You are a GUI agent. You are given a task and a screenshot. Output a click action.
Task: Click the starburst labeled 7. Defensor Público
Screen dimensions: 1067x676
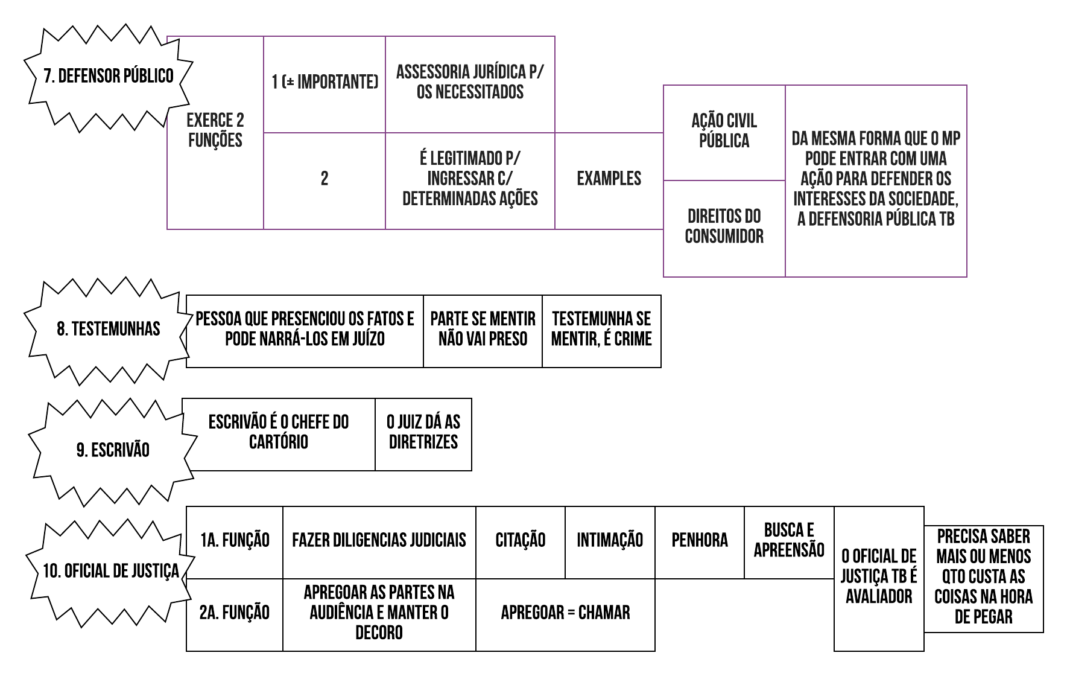pyautogui.click(x=108, y=76)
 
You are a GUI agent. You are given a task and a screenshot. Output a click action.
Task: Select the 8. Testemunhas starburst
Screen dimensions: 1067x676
pyautogui.click(x=109, y=329)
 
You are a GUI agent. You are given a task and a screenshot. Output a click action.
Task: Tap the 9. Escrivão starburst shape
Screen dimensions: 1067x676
pyautogui.click(x=113, y=450)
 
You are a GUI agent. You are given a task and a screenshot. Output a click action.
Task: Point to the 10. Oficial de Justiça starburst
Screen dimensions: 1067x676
pyautogui.click(x=110, y=571)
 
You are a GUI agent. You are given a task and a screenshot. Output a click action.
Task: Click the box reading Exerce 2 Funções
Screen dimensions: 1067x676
pyautogui.click(x=215, y=130)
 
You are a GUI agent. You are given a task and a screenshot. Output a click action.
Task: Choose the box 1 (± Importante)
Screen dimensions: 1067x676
pyautogui.click(x=325, y=83)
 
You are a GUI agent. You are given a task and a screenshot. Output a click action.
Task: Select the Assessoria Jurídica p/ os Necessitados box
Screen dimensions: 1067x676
pyautogui.click(x=469, y=83)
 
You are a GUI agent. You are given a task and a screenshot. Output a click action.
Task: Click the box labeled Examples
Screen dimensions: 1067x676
pyautogui.click(x=609, y=179)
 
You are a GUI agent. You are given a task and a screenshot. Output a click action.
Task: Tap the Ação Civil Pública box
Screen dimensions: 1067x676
pyautogui.click(x=724, y=131)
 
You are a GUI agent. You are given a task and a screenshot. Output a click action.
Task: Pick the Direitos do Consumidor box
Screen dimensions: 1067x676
pyautogui.click(x=724, y=226)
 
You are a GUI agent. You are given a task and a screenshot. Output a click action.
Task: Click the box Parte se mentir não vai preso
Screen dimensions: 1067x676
pyautogui.click(x=483, y=329)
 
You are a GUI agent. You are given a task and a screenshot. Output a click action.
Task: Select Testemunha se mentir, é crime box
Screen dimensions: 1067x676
pyautogui.click(x=601, y=329)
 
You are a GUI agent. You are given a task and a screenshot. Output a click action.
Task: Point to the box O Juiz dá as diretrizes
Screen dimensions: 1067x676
pyautogui.click(x=423, y=432)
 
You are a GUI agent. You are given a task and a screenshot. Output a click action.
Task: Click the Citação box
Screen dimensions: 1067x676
pyautogui.click(x=520, y=540)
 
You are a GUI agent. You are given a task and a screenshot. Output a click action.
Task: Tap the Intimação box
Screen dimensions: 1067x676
pyautogui.click(x=610, y=540)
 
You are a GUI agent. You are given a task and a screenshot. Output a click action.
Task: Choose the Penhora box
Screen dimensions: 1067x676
pyautogui.click(x=700, y=540)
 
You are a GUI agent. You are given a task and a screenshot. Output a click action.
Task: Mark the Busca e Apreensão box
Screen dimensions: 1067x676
pyautogui.click(x=789, y=540)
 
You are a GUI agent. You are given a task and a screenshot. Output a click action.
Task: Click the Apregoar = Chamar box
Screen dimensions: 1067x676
pyautogui.click(x=565, y=613)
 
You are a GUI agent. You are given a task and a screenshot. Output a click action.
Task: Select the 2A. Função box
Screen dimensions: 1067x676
pyautogui.click(x=234, y=613)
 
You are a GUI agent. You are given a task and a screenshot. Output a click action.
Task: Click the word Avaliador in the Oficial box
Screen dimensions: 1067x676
pyautogui.click(x=879, y=597)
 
